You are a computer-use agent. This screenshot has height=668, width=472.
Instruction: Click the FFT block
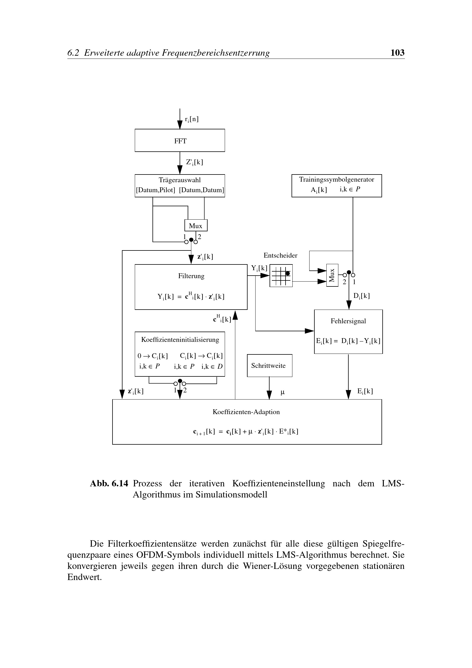[180, 141]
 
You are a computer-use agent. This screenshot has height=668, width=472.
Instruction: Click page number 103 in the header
[397, 53]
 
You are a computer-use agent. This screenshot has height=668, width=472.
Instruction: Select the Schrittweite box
[269, 366]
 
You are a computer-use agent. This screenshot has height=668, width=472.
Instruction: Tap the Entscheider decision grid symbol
[281, 276]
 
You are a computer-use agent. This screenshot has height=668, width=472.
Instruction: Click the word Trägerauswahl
[180, 180]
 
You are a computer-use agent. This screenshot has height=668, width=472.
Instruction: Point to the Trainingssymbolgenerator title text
[336, 180]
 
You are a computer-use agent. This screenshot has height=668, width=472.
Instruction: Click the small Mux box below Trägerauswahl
[196, 226]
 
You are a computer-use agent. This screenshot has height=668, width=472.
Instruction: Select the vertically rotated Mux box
[332, 275]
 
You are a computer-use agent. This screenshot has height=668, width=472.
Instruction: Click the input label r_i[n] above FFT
[192, 119]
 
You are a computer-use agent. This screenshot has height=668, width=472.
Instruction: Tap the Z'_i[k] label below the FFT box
[194, 162]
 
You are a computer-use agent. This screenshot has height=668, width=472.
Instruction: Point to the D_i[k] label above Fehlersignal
[361, 296]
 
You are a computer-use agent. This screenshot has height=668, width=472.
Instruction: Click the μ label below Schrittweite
[282, 392]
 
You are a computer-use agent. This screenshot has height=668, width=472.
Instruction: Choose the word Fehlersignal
[348, 321]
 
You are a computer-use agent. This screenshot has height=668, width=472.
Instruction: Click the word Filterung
[191, 276]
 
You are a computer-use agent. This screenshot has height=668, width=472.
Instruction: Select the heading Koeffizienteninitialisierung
[180, 340]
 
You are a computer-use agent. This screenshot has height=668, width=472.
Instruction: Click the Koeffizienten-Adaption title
[246, 412]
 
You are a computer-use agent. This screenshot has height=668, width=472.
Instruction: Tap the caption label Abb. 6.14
[109, 484]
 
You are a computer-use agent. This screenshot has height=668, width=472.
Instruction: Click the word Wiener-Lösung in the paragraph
[272, 566]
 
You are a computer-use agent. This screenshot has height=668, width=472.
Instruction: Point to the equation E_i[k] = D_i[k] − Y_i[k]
[348, 341]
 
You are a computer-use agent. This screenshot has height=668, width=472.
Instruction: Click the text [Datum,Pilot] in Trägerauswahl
[156, 190]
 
